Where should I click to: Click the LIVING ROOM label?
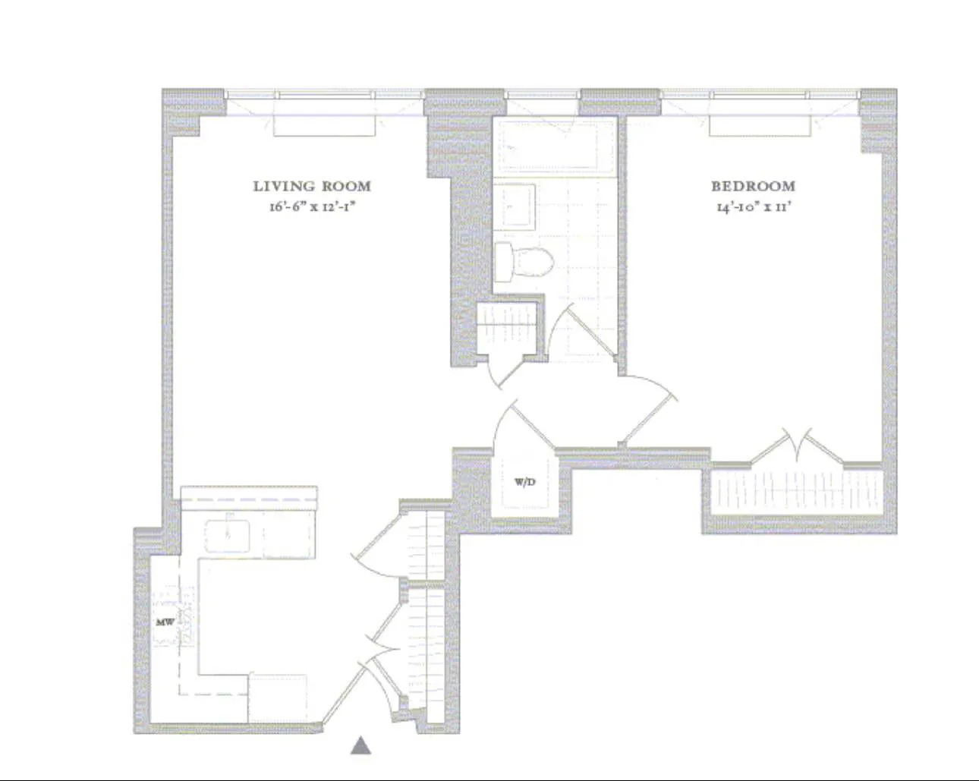coord(312,186)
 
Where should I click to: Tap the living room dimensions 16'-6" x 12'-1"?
coord(312,206)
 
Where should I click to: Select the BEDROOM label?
coord(753,186)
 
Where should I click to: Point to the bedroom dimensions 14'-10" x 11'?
coord(753,206)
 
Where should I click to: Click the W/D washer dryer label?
coord(525,482)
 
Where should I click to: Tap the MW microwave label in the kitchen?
coord(165,622)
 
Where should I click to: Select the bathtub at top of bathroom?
coord(554,146)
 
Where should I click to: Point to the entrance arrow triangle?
coord(361,746)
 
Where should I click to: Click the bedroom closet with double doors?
coord(797,492)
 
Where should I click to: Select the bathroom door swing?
coord(581,330)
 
